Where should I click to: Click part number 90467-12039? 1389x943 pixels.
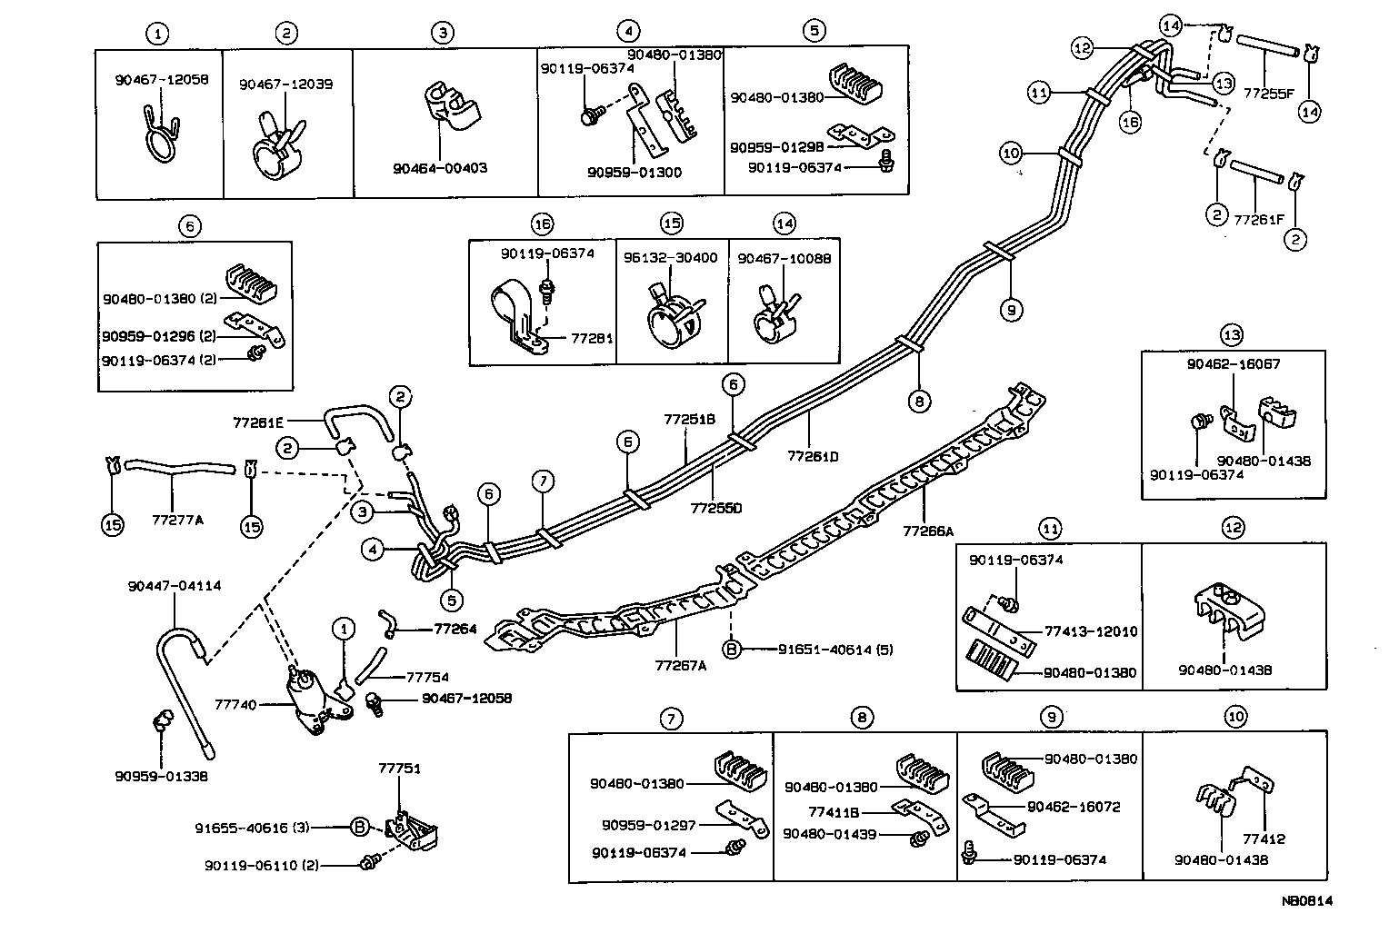(x=285, y=84)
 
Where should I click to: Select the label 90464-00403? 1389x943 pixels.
(x=440, y=168)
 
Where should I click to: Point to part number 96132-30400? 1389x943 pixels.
(x=670, y=258)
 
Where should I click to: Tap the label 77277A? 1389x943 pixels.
(x=178, y=521)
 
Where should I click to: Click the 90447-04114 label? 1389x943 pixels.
(x=174, y=586)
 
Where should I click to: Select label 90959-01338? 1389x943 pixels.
(x=161, y=777)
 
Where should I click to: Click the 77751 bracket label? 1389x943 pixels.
(x=399, y=768)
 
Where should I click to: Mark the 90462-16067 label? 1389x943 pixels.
(x=1234, y=364)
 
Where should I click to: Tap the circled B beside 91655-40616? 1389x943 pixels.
(x=359, y=827)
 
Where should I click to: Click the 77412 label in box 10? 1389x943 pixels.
(x=1265, y=839)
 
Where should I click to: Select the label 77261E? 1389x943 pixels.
(x=258, y=422)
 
